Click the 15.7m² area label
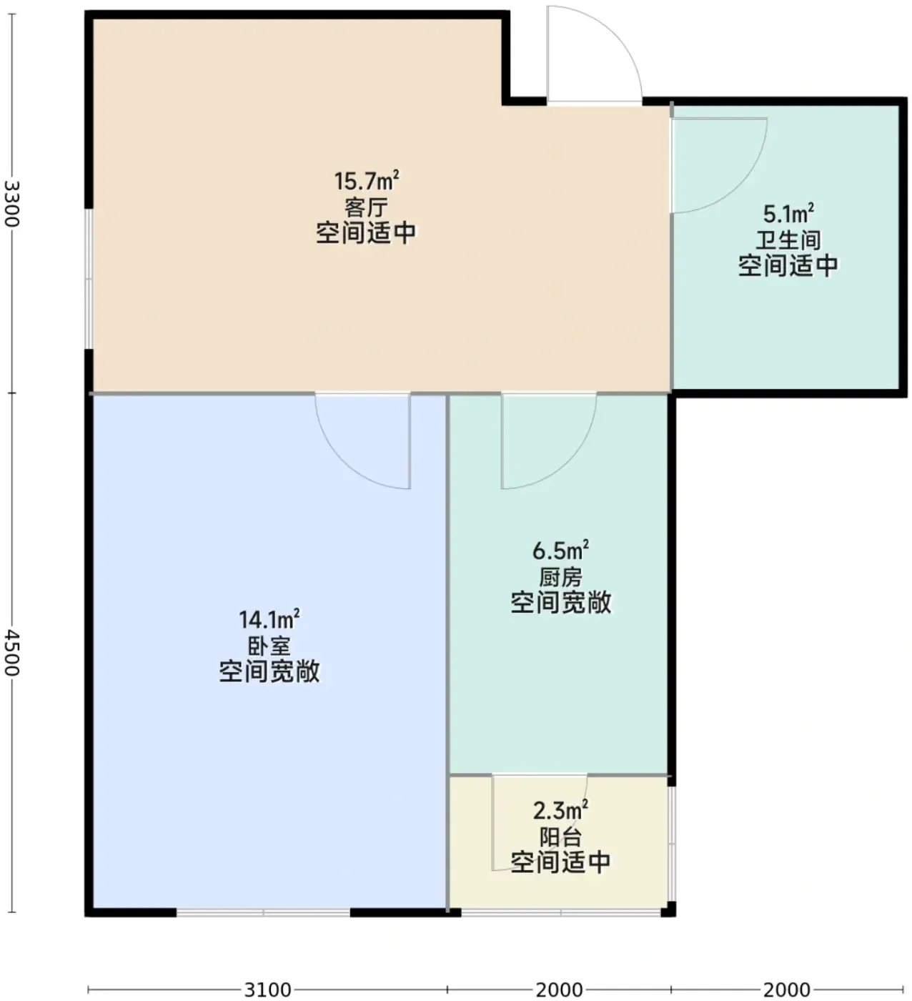click(x=366, y=180)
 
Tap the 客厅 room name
click(x=366, y=207)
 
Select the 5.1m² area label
click(x=788, y=214)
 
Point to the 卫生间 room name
click(x=788, y=240)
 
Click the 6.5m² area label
click(x=560, y=551)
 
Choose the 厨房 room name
click(x=560, y=577)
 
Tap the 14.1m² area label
click(x=269, y=619)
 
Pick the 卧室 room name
click(x=269, y=646)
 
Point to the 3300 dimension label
click(x=11, y=203)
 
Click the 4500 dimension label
click(x=11, y=652)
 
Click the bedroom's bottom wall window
click(x=263, y=912)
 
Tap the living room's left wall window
click(x=89, y=278)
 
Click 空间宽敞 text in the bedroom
click(x=269, y=671)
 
